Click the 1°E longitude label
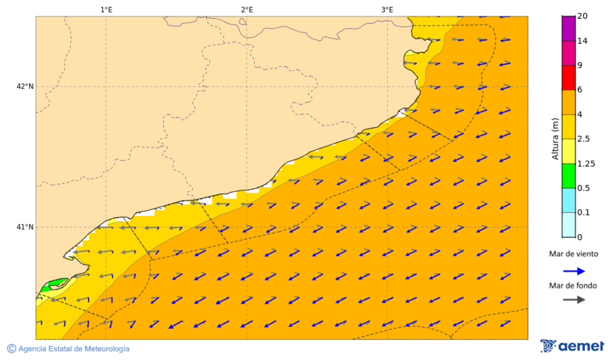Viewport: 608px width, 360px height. tap(106, 9)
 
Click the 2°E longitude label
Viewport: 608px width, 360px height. tap(247, 9)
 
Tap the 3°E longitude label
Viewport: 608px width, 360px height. tap(387, 9)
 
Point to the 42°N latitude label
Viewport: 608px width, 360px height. tap(25, 86)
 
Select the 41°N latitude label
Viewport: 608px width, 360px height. tap(25, 227)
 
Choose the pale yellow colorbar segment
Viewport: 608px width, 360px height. tap(568, 151)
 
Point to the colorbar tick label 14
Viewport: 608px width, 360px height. tap(582, 41)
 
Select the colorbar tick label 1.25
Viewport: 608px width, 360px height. tap(586, 163)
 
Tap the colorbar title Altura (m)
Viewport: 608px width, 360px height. tap(555, 139)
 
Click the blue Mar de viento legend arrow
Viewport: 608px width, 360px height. tap(574, 272)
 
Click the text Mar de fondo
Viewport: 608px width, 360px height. tap(573, 286)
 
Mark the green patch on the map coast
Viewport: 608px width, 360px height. tap(54, 283)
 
